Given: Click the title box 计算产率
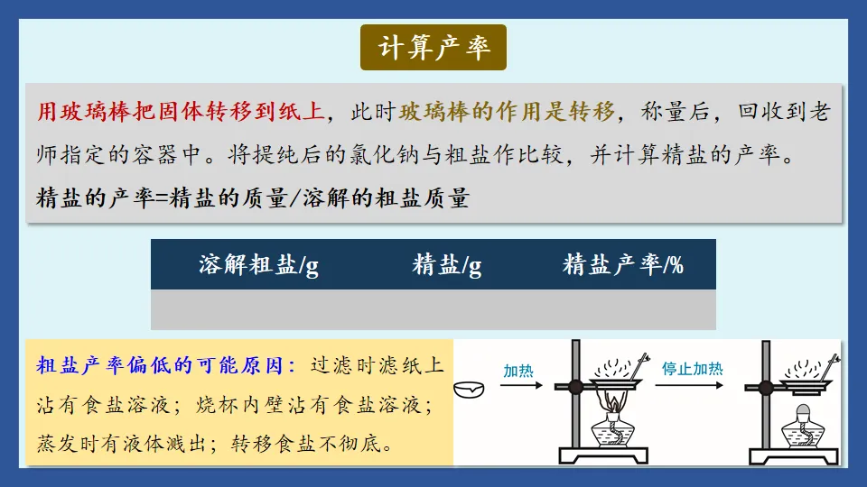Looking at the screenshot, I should click(433, 48).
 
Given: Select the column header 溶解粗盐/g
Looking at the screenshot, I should click(258, 265).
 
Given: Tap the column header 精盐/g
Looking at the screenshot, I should click(447, 265).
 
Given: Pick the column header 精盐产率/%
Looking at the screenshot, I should click(623, 265).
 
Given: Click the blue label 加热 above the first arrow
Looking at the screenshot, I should click(518, 369).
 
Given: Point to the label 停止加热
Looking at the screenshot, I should click(692, 369).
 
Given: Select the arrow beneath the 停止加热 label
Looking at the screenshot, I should click(692, 387).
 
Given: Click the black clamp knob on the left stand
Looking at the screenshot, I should click(575, 388).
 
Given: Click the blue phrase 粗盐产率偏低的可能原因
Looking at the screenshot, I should click(166, 365).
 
